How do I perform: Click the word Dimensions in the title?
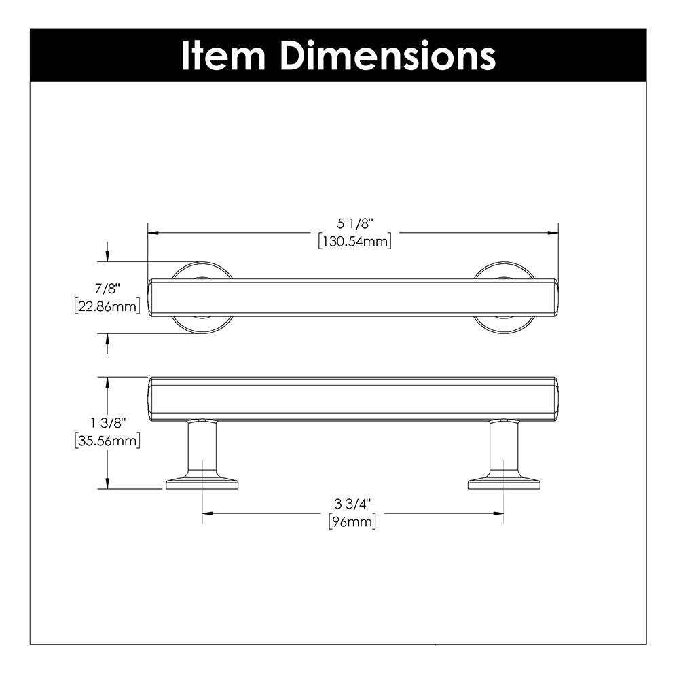[x=388, y=56]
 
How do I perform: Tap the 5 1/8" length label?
[x=355, y=223]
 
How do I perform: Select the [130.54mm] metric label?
[x=354, y=240]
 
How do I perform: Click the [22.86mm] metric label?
[x=107, y=306]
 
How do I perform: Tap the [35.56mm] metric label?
[x=107, y=441]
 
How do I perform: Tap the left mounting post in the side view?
[x=202, y=448]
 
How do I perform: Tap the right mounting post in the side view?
[x=503, y=448]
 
